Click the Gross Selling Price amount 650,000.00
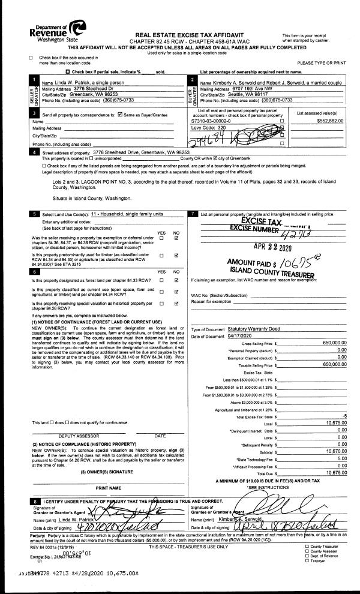[x=332, y=342]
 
